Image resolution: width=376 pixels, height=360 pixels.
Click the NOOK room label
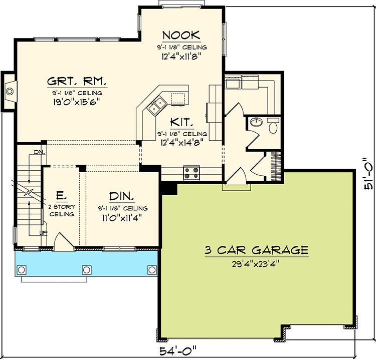(x=181, y=35)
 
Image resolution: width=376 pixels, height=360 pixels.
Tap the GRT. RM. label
(x=77, y=81)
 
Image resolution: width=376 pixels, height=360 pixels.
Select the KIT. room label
(x=181, y=122)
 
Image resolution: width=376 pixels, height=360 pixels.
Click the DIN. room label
(x=122, y=196)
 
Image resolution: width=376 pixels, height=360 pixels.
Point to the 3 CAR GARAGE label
(x=256, y=250)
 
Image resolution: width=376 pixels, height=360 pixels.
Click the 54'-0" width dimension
(x=178, y=351)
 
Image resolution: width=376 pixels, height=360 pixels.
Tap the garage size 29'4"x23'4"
(x=256, y=264)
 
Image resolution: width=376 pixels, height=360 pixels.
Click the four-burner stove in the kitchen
(x=192, y=173)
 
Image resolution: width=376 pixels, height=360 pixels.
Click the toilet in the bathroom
(x=273, y=125)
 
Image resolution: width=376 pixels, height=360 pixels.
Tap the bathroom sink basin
(x=256, y=122)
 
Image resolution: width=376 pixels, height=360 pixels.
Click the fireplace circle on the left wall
(x=10, y=91)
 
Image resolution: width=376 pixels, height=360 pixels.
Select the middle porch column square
(x=87, y=270)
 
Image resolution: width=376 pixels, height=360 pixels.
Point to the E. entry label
(x=60, y=195)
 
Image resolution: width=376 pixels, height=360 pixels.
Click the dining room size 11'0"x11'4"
(x=122, y=218)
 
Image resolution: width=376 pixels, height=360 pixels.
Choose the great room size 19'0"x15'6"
(x=76, y=102)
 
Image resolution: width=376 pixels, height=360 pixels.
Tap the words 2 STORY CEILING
(x=62, y=210)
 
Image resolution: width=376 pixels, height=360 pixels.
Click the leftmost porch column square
(x=22, y=270)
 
